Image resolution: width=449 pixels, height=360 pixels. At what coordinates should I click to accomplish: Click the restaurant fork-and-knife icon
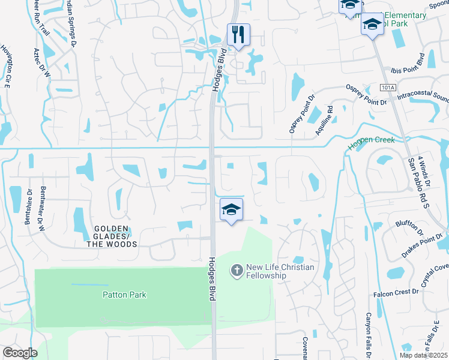238,34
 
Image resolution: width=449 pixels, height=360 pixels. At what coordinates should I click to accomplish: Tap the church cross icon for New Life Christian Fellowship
237,271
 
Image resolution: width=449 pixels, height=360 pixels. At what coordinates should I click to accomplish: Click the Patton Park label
124,295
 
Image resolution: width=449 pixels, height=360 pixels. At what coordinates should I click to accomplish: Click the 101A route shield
388,88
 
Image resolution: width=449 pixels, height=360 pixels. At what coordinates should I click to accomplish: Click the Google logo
20,353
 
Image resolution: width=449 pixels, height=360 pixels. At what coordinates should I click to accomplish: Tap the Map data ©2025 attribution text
423,355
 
